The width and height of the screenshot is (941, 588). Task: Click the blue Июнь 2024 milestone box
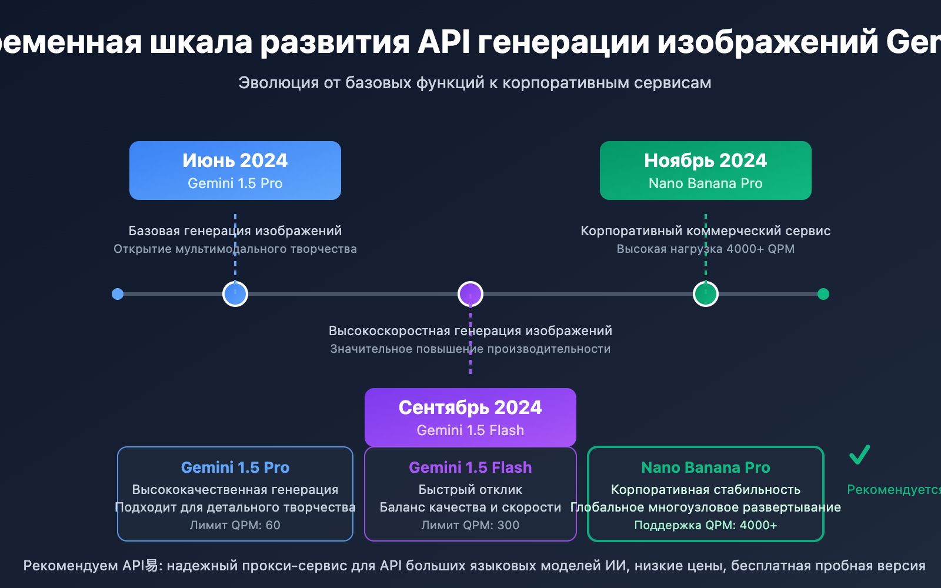tap(235, 171)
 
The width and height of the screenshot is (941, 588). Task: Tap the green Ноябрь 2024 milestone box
tap(705, 171)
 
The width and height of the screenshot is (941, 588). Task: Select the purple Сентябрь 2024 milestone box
tap(470, 417)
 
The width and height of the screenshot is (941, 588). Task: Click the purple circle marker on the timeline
tap(470, 294)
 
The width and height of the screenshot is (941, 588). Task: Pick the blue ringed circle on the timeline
tap(235, 294)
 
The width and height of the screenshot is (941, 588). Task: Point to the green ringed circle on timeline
tap(706, 294)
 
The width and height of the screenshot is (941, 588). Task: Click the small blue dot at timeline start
tap(118, 294)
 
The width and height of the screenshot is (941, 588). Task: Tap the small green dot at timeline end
tap(823, 294)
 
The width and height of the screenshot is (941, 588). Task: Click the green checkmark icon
tap(859, 455)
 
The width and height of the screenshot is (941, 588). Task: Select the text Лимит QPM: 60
tap(235, 525)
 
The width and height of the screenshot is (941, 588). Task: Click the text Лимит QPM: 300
tap(470, 525)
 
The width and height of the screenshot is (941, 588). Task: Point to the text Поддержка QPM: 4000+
tap(705, 525)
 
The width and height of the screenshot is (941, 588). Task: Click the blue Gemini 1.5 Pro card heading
tap(235, 467)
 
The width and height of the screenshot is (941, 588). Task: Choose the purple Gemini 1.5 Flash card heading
tap(470, 467)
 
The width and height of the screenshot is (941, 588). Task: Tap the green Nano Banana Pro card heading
tap(705, 467)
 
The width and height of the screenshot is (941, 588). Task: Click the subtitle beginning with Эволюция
tap(475, 83)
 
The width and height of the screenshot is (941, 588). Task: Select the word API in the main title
tap(444, 42)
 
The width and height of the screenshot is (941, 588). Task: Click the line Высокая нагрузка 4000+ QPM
tap(705, 249)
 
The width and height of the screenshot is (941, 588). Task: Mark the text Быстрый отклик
tap(470, 489)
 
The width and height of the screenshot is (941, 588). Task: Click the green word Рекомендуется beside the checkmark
tap(893, 489)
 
